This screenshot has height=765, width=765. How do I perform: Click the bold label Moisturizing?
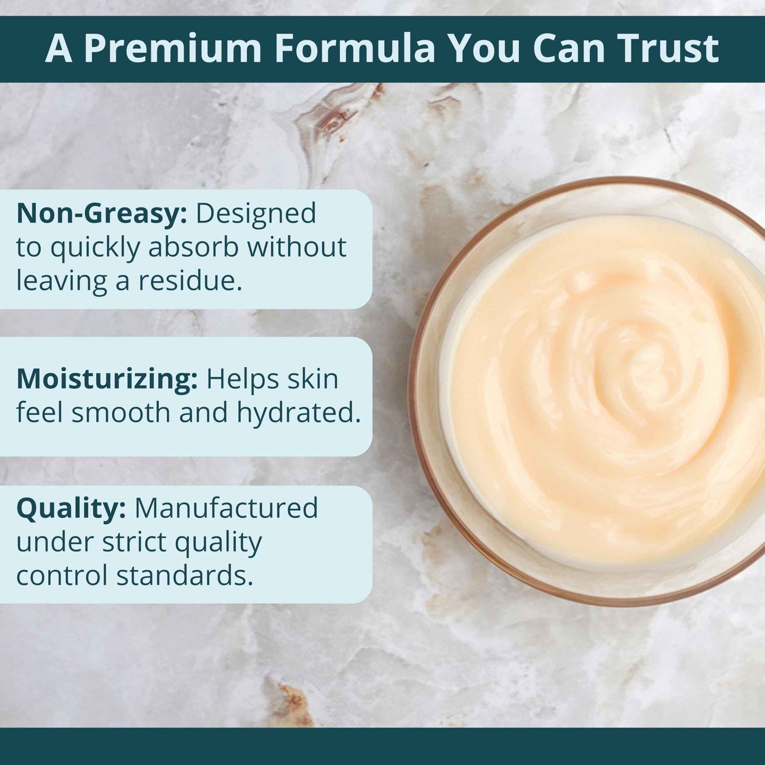pos(107,380)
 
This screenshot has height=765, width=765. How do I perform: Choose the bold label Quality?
pos(71,509)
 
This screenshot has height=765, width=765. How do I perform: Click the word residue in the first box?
pos(190,281)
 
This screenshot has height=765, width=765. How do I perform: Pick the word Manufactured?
pos(226,508)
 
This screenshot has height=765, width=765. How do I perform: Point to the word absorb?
pos(194,247)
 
